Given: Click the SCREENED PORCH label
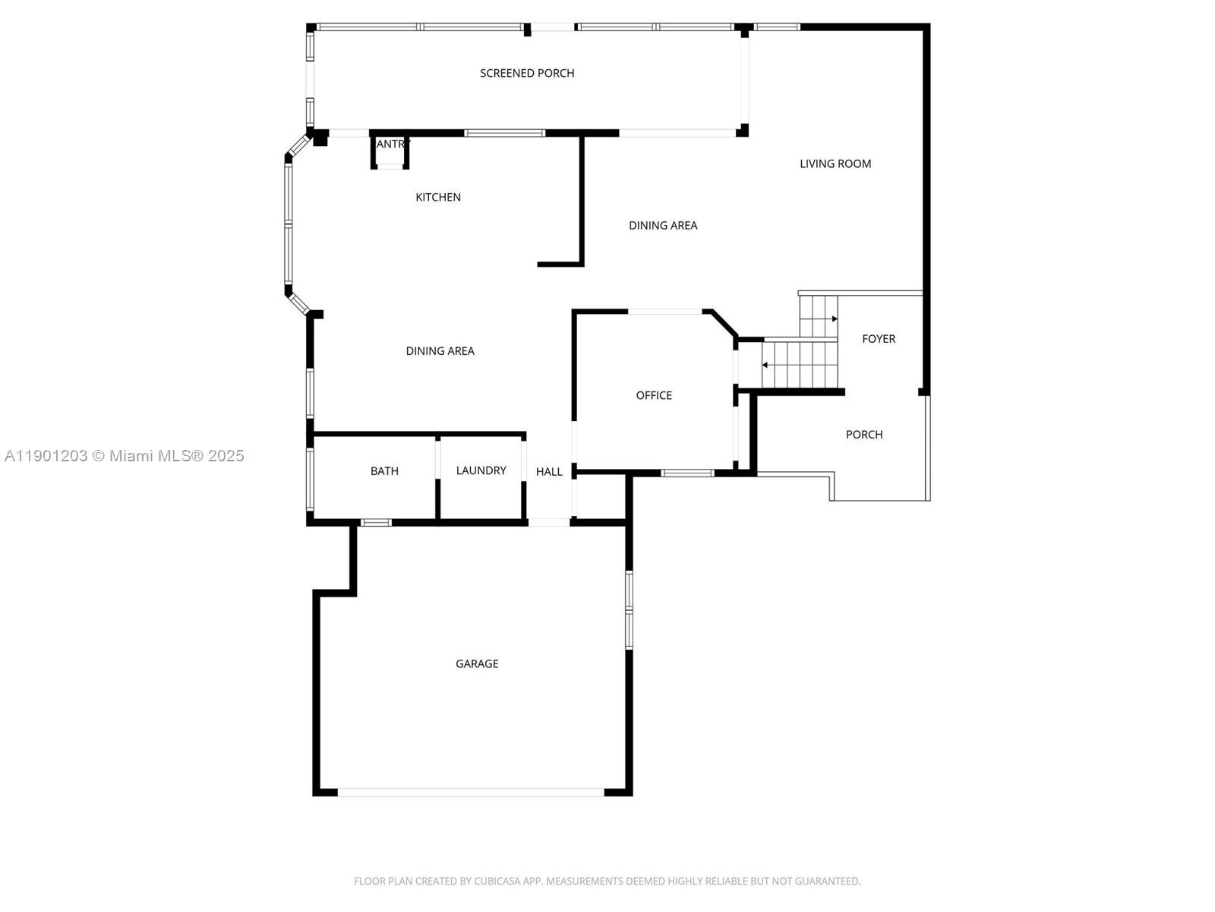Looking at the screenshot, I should point(527,73).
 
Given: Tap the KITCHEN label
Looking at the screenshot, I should point(438,197).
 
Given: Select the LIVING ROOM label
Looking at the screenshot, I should point(835,163).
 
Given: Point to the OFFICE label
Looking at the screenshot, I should point(654,395).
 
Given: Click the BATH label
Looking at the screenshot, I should point(384,471).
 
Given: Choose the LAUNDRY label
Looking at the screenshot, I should point(481,470).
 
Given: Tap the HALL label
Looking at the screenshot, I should point(549,472).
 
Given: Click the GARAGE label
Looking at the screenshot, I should point(477,663).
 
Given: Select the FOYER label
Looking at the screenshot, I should point(879,339).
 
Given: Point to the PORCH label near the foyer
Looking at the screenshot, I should point(864,435).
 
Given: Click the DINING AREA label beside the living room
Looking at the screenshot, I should point(663,225).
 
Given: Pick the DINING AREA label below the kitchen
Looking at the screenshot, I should point(440,351).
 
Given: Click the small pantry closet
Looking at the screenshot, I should point(390,151).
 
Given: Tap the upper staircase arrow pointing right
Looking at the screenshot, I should point(835,319).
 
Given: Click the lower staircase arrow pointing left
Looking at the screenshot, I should point(765,366).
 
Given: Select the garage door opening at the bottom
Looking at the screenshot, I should point(471,792).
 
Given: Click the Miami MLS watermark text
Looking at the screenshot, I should point(125,456).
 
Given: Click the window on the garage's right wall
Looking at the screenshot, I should point(629,610).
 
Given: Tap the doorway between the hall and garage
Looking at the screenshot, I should point(549,522).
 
